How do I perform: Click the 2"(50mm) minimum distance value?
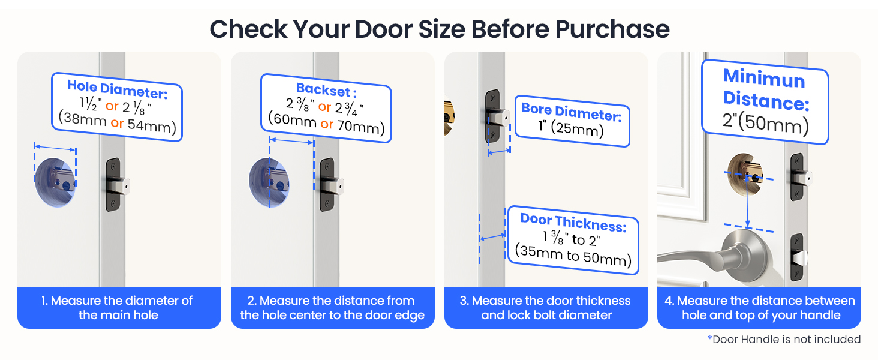(x=765, y=125)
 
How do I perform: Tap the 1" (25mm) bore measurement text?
(x=569, y=128)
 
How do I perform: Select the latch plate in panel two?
(x=327, y=184)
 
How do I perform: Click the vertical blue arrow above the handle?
(x=748, y=201)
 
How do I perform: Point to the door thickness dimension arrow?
(x=492, y=238)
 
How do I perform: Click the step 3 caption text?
(x=546, y=308)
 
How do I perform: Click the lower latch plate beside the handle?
(x=796, y=257)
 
